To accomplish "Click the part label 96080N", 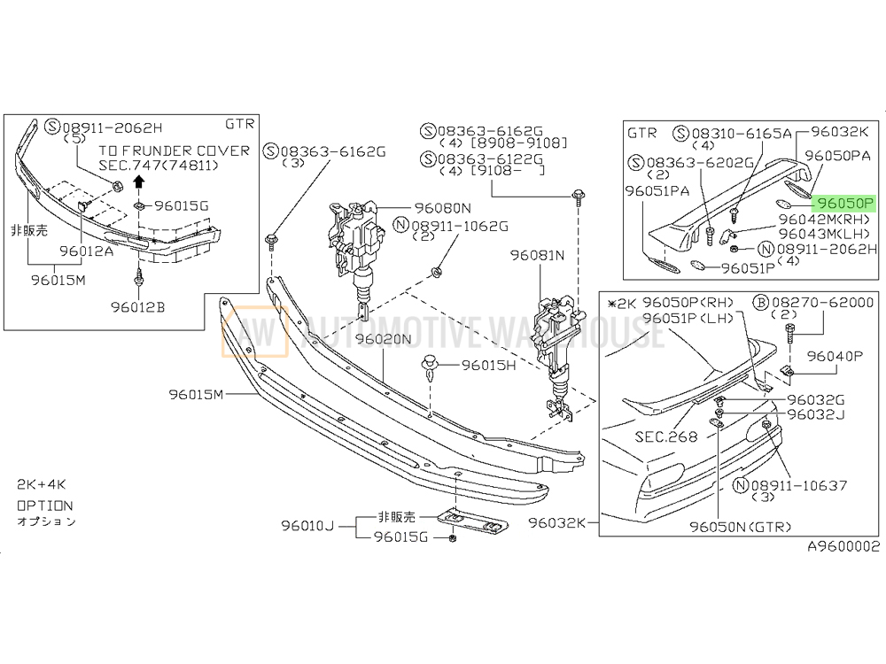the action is tap(442, 208).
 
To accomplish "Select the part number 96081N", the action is tap(537, 255).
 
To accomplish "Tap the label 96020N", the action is tap(383, 339).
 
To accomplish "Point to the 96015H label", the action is tap(489, 366).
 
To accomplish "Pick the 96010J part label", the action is tap(308, 526).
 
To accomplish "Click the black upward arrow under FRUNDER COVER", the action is tap(138, 181).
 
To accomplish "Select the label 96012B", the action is tap(138, 307).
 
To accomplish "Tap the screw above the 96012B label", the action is tap(137, 281).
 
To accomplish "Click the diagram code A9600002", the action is tap(843, 546).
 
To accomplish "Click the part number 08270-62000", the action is tap(821, 303).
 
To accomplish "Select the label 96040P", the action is tap(835, 356).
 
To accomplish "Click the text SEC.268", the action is tap(666, 436).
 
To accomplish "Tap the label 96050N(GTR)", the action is tap(740, 527).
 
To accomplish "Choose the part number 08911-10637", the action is tap(799, 485).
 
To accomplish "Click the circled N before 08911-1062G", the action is tap(400, 225).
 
